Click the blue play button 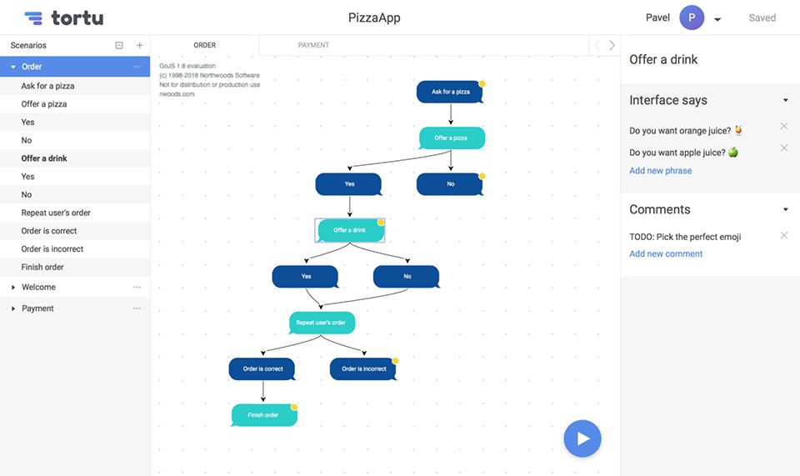point(582,438)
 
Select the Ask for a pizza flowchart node point(450,92)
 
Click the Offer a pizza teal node point(451,138)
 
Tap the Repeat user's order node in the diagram point(322,323)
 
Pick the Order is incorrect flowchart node point(363,368)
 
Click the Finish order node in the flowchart point(264,415)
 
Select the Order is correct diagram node point(262,368)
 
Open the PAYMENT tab point(313,45)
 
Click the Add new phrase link point(660,170)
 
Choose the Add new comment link point(666,253)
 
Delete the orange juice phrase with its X point(783,126)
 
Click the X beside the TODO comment point(783,235)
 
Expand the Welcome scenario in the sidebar point(13,288)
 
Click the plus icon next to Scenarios point(139,45)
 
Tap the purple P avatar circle point(692,18)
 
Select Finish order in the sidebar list point(42,267)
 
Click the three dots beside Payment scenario point(137,308)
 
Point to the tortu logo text point(77,18)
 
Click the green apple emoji point(732,152)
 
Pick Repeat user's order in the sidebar point(56,213)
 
